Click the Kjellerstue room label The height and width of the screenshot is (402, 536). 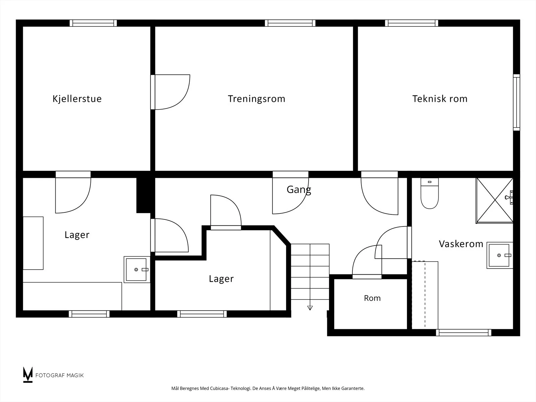(x=77, y=99)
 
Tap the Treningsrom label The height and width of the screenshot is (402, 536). (x=256, y=99)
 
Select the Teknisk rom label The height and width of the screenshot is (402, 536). (x=440, y=99)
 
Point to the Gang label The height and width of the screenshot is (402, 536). (x=299, y=190)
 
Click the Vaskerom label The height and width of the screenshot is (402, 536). (x=461, y=244)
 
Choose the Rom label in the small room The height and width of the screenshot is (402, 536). (x=372, y=298)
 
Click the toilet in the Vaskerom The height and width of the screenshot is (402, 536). (x=429, y=193)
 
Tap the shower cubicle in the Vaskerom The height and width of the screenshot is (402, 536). (x=494, y=201)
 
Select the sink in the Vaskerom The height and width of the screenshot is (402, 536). (x=499, y=255)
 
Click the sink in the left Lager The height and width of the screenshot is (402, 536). (x=137, y=269)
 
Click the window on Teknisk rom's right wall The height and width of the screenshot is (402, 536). (x=517, y=103)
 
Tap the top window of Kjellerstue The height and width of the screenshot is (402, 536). (x=93, y=23)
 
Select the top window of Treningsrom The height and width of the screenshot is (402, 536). (x=290, y=23)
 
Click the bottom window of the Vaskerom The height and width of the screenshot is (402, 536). (x=464, y=332)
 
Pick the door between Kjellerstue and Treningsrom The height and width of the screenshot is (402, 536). (x=170, y=92)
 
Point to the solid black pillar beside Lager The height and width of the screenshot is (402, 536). (x=145, y=195)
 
